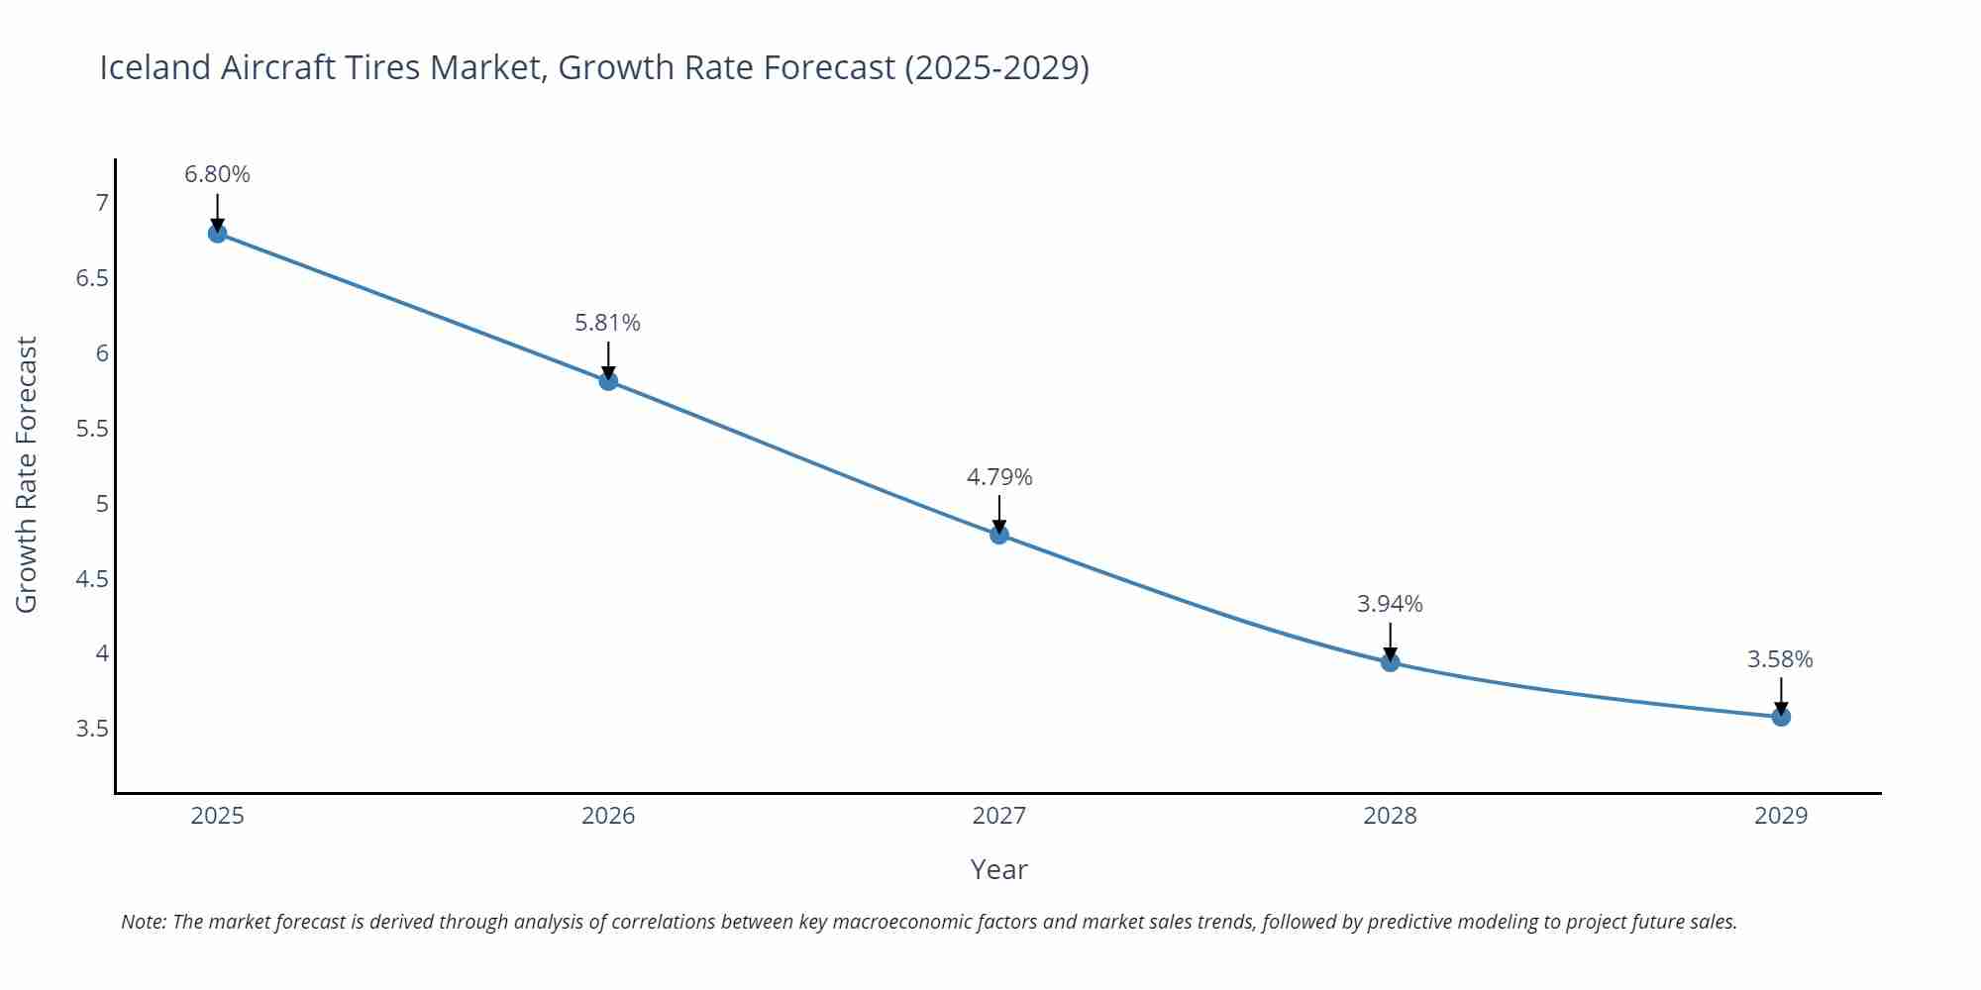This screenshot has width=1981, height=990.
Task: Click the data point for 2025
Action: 217,234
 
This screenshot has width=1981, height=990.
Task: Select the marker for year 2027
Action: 999,535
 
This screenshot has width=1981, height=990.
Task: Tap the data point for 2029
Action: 1781,717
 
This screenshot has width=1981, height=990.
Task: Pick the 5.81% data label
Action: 607,323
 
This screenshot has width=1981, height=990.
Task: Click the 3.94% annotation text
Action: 1390,604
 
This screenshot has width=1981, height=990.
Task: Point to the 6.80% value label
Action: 217,174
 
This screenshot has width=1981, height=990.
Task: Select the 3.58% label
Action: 1780,659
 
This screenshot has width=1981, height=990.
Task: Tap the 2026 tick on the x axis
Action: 607,816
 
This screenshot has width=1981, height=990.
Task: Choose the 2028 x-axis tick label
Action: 1390,816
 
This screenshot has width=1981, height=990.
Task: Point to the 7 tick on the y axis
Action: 101,203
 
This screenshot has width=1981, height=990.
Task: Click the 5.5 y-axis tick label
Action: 92,429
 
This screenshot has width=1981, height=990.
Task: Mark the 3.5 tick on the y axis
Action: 92,729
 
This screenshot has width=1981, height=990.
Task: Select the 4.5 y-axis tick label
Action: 92,579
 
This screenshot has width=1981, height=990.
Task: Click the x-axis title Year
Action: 998,869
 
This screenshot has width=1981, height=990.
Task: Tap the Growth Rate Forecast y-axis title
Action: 27,474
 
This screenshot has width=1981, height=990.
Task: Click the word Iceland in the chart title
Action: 156,67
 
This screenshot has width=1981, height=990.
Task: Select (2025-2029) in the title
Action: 996,67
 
